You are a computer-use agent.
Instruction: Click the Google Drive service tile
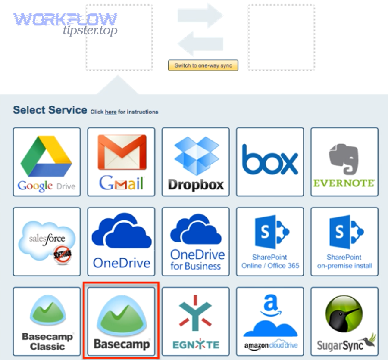point(47,162)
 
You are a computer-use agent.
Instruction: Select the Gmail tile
point(121,162)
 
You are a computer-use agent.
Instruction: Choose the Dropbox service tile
point(195,162)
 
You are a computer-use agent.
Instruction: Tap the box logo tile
point(270,162)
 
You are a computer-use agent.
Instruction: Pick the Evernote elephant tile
point(344,162)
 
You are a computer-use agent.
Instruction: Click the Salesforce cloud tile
point(47,242)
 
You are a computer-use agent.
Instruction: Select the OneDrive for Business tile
point(195,242)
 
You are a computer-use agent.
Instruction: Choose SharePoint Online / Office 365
point(270,242)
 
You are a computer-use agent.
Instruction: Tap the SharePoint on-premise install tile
point(344,242)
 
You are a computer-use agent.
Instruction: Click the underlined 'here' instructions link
point(111,112)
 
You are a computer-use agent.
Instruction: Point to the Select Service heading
point(50,110)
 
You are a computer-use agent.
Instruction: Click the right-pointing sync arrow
point(201,16)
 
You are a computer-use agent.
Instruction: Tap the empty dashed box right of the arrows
point(281,37)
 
